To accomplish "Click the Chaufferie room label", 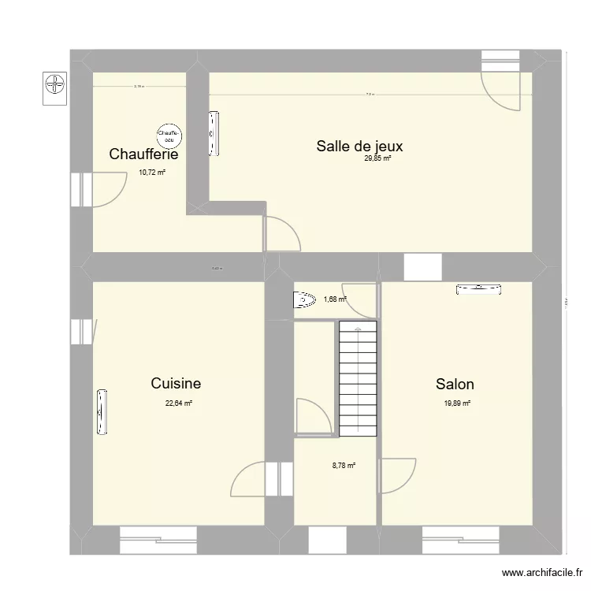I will [x=150, y=154].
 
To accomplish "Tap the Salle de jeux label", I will [x=359, y=146].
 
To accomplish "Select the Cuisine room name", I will [x=176, y=384].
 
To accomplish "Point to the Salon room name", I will [x=455, y=385].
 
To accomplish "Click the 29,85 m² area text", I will [x=377, y=158].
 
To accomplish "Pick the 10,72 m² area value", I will [x=152, y=172].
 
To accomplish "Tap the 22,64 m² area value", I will [x=178, y=403].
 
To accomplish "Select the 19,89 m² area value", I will [x=456, y=403].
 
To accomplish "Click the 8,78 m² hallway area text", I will [x=344, y=466].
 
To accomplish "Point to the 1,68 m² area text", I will [x=335, y=299].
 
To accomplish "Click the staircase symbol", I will [x=359, y=379].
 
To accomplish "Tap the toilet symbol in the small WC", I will [x=303, y=299].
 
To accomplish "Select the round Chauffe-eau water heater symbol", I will [x=169, y=136].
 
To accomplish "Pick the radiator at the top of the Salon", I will [x=478, y=289].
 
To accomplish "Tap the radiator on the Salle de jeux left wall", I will [x=213, y=133].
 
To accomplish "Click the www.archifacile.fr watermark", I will [x=543, y=574].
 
